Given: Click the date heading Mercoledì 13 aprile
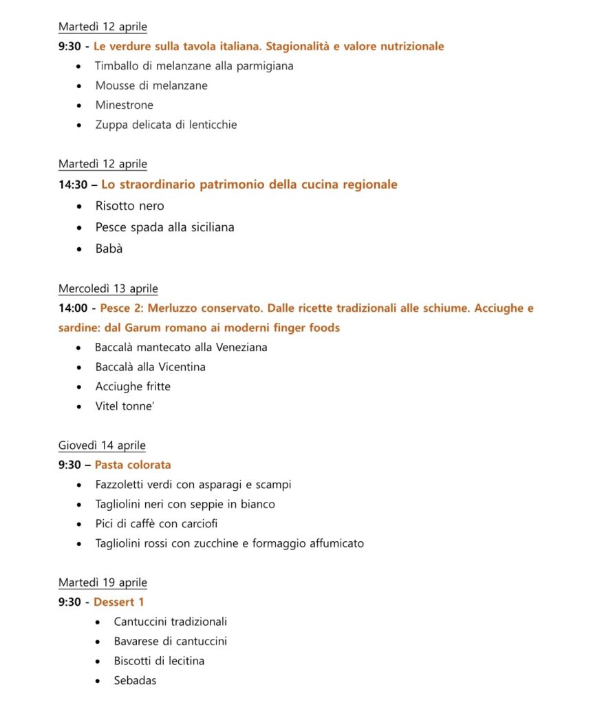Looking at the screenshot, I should pyautogui.click(x=108, y=288).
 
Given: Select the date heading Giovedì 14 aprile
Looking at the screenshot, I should pyautogui.click(x=102, y=445).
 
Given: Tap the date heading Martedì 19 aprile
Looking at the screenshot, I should pyautogui.click(x=103, y=582).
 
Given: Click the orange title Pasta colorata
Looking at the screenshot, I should pyautogui.click(x=133, y=465).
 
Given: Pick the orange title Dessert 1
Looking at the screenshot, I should pyautogui.click(x=119, y=602).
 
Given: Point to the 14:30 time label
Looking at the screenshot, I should pyautogui.click(x=73, y=185).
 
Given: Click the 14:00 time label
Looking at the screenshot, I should pyautogui.click(x=73, y=308).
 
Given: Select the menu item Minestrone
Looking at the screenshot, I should pyautogui.click(x=124, y=105).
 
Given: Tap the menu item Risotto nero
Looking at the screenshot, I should pyautogui.click(x=129, y=206).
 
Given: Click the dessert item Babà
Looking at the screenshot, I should pyautogui.click(x=109, y=249).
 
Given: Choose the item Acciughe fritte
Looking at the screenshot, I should pyautogui.click(x=133, y=386).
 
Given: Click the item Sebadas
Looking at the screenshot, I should pyautogui.click(x=135, y=680).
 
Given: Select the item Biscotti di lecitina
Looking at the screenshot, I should pyautogui.click(x=159, y=661).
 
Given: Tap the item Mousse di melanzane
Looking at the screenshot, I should pyautogui.click(x=151, y=85).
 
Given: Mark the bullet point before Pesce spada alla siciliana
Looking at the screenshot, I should pyautogui.click(x=80, y=227).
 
